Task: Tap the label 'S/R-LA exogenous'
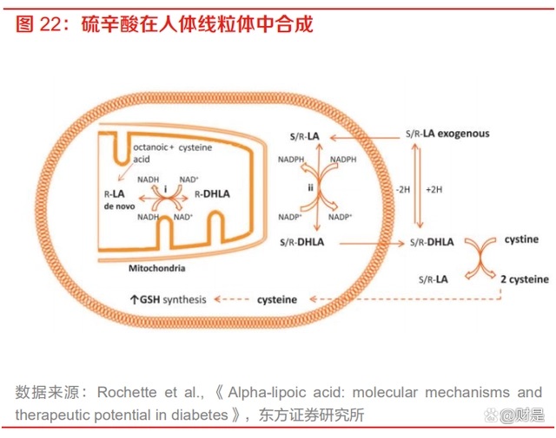pos(447,134)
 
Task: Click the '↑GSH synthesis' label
pos(169,299)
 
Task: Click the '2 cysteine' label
pos(524,279)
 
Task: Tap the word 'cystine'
pos(522,238)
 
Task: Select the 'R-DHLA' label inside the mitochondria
pos(212,193)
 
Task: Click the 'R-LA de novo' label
pos(115,200)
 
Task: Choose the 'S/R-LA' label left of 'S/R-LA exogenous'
pos(306,138)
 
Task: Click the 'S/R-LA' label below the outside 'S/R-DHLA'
pos(431,278)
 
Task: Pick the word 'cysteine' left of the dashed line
pos(277,299)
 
